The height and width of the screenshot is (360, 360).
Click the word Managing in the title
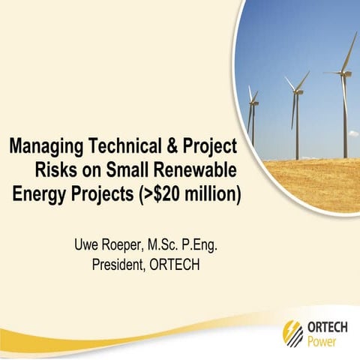click(46, 145)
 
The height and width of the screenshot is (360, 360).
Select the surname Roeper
click(121, 244)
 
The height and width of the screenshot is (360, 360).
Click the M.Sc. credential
click(169, 244)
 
